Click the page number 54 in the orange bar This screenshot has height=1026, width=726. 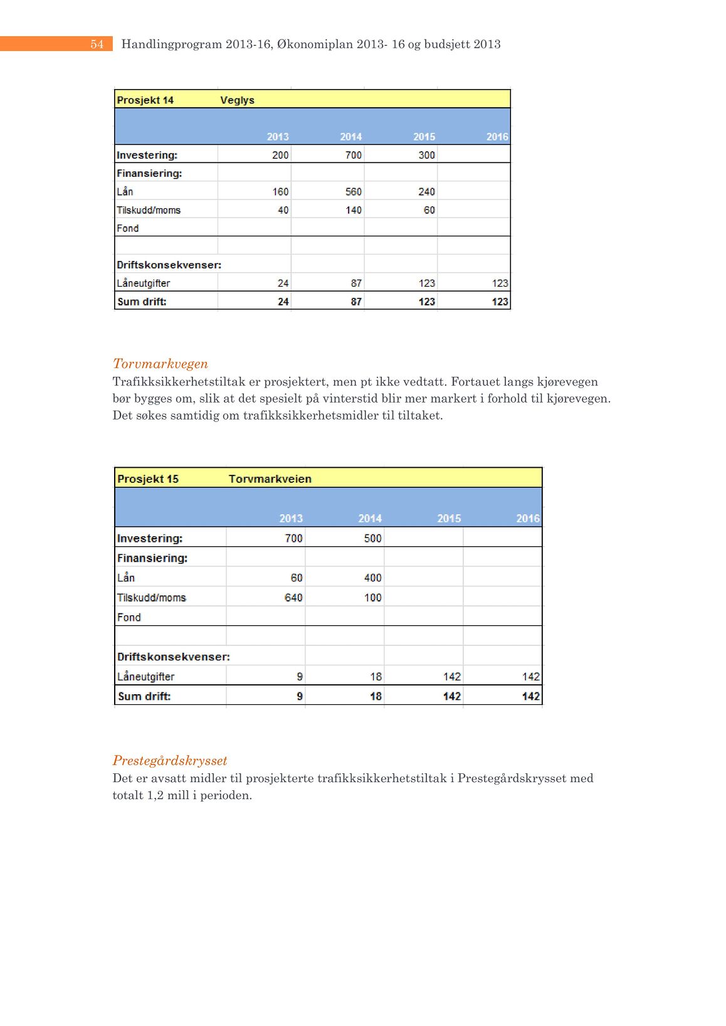tap(97, 44)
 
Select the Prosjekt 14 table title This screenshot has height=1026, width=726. tap(145, 100)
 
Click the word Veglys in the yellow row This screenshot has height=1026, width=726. tap(237, 100)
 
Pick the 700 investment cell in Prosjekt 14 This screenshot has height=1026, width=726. tap(353, 155)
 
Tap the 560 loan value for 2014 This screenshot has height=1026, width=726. tap(353, 192)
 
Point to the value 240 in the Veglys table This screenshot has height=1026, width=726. tap(426, 192)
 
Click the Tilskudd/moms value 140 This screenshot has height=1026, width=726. tap(353, 210)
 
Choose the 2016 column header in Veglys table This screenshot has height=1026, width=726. tap(497, 137)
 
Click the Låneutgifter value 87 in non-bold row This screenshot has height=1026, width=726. tap(355, 283)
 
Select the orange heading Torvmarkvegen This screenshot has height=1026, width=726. tap(160, 364)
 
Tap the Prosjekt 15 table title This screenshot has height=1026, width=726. tap(147, 479)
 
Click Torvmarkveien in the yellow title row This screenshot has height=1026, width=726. tap(270, 479)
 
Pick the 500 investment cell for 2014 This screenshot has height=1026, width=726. tap(372, 538)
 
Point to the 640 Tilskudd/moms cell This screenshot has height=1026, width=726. tap(293, 598)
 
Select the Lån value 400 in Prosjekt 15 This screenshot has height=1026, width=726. tap(372, 578)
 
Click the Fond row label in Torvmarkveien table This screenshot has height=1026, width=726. tap(129, 617)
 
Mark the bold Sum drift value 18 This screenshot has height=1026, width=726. tap(375, 696)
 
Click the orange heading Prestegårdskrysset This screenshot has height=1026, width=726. tap(169, 761)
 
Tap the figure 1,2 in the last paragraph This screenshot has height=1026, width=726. tap(155, 796)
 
